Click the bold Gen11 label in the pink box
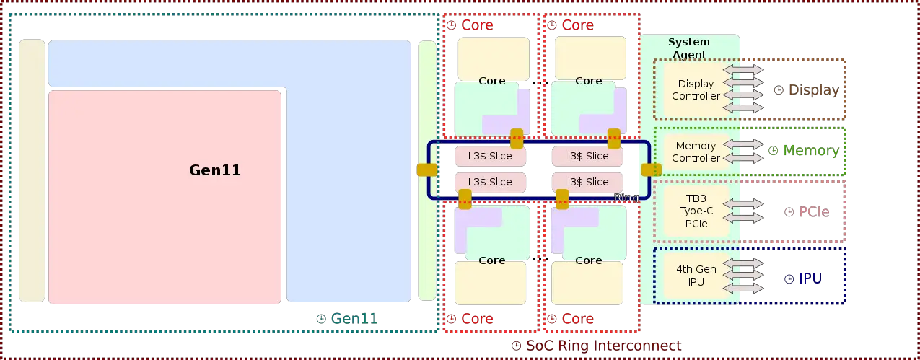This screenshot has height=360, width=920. tap(215, 171)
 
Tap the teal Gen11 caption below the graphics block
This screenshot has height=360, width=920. tap(351, 318)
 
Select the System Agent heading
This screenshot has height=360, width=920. tap(688, 48)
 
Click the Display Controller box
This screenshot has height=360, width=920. tap(696, 90)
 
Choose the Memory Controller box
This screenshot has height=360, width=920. tap(696, 152)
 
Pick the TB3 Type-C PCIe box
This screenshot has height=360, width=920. tap(696, 211)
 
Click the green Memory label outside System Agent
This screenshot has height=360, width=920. tap(810, 151)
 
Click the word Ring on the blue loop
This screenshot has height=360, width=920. tap(626, 198)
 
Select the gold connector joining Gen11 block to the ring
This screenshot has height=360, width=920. tap(427, 170)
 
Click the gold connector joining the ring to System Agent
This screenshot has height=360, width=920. tap(652, 170)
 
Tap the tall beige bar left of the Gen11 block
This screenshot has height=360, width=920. tap(32, 171)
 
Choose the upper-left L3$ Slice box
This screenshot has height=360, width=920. tap(490, 156)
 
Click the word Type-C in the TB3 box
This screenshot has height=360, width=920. tap(696, 211)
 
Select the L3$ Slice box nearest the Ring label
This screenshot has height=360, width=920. tap(587, 182)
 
